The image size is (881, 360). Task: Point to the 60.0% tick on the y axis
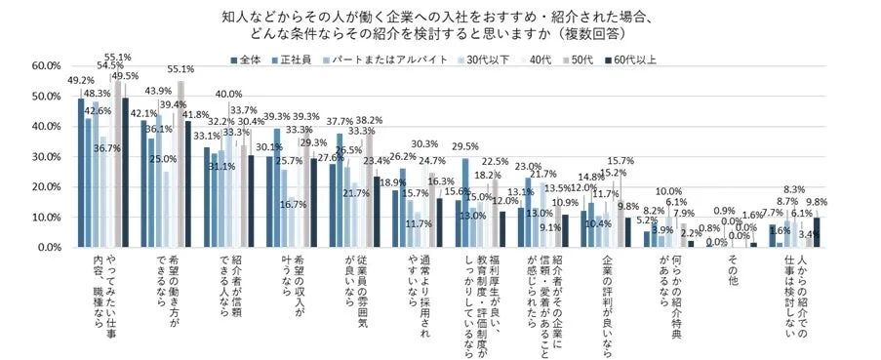pyautogui.click(x=46, y=66)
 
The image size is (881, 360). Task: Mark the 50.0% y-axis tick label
pyautogui.click(x=46, y=97)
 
